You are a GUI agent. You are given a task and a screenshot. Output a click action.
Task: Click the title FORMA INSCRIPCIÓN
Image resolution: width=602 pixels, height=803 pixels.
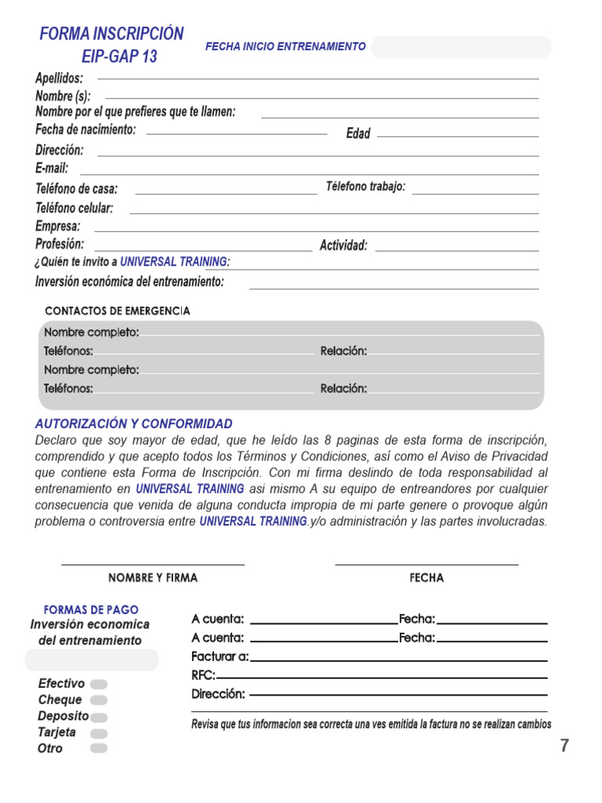111,34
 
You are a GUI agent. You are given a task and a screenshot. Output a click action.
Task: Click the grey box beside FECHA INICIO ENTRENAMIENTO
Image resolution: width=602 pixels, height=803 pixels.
461,47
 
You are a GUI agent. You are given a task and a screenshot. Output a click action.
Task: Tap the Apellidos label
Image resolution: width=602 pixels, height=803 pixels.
59,78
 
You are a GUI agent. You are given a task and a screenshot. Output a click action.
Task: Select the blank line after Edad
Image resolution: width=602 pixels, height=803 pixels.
458,135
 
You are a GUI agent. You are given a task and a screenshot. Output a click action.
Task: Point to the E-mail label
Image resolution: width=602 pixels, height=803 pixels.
52,168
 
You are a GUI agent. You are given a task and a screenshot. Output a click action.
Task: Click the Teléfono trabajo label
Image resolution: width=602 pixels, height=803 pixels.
365,187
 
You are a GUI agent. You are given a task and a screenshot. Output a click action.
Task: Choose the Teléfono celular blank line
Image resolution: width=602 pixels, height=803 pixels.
334,213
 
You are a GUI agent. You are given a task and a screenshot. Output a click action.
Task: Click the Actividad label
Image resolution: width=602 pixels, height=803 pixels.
343,245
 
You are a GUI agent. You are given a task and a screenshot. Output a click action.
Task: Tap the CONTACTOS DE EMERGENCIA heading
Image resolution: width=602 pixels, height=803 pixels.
118,311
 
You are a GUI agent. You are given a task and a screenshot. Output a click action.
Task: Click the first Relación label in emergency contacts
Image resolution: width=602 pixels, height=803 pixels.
343,351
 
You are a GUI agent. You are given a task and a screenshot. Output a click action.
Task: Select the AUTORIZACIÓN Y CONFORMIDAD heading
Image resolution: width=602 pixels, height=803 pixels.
133,423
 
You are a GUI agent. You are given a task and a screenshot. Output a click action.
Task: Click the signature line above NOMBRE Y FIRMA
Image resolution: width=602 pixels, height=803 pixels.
153,563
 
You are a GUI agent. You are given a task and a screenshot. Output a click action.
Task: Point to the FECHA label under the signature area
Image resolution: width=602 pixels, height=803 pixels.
426,578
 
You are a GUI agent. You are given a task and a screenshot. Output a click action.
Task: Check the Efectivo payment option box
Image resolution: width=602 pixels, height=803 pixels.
99,684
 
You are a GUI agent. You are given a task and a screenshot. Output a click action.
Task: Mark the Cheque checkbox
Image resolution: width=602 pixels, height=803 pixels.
99,700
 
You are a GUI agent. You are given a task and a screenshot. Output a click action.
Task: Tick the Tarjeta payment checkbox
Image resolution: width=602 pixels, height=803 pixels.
99,733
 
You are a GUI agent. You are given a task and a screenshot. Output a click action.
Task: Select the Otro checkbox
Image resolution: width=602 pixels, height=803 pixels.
99,749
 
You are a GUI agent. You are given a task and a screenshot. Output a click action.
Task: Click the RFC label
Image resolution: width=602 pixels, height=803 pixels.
203,675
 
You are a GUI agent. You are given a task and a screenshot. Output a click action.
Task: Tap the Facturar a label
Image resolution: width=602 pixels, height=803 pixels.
219,656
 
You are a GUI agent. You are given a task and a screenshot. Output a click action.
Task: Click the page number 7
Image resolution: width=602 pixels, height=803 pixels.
564,747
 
